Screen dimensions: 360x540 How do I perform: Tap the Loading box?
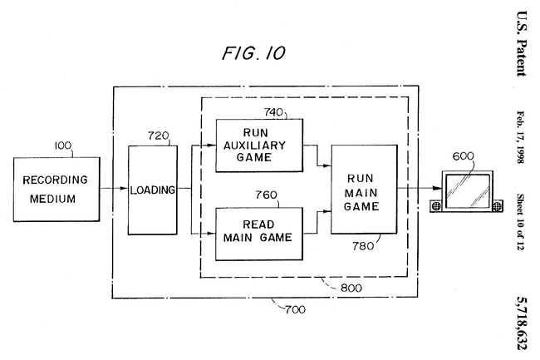(x=152, y=190)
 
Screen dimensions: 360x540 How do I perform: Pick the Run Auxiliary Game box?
(x=259, y=145)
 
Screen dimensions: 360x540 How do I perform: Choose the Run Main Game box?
(x=363, y=189)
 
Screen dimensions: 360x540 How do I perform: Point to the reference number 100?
(x=63, y=145)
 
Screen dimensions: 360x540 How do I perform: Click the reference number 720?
(x=158, y=135)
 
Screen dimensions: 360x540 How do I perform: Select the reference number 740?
(x=275, y=110)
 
